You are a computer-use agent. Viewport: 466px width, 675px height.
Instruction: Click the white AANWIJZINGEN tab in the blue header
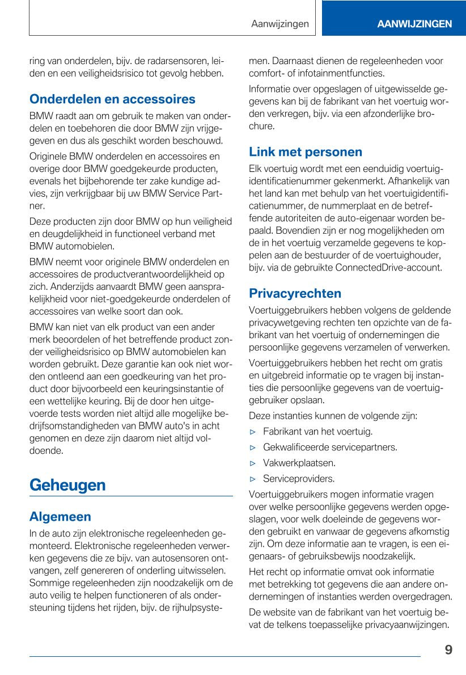point(414,24)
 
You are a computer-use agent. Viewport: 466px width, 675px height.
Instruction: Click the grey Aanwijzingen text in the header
point(280,24)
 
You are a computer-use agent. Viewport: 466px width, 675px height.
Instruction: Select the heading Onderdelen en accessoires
point(112,99)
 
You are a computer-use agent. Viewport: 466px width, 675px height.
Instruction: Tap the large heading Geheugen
point(67,485)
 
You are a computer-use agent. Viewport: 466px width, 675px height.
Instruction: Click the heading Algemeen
point(60,517)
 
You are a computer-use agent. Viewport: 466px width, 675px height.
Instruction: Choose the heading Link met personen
point(305,152)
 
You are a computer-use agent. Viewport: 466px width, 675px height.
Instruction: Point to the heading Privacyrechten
point(295,293)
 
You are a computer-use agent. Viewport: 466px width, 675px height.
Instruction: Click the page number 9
point(448,650)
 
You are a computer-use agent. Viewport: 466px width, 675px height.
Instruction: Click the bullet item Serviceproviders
point(299,479)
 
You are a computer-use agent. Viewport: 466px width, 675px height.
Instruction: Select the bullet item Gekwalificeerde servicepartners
point(330,448)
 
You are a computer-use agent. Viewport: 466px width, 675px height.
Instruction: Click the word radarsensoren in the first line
point(166,61)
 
